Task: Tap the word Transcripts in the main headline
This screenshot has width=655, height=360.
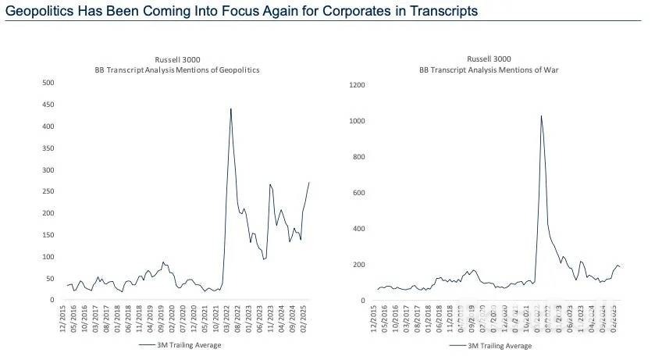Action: coord(438,12)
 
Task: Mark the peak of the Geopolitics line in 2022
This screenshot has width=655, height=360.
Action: coord(230,109)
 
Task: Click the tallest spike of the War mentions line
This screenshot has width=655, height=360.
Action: coord(541,116)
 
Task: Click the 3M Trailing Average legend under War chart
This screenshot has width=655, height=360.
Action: coord(492,344)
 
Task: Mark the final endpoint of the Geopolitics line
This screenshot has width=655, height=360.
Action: coord(309,182)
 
